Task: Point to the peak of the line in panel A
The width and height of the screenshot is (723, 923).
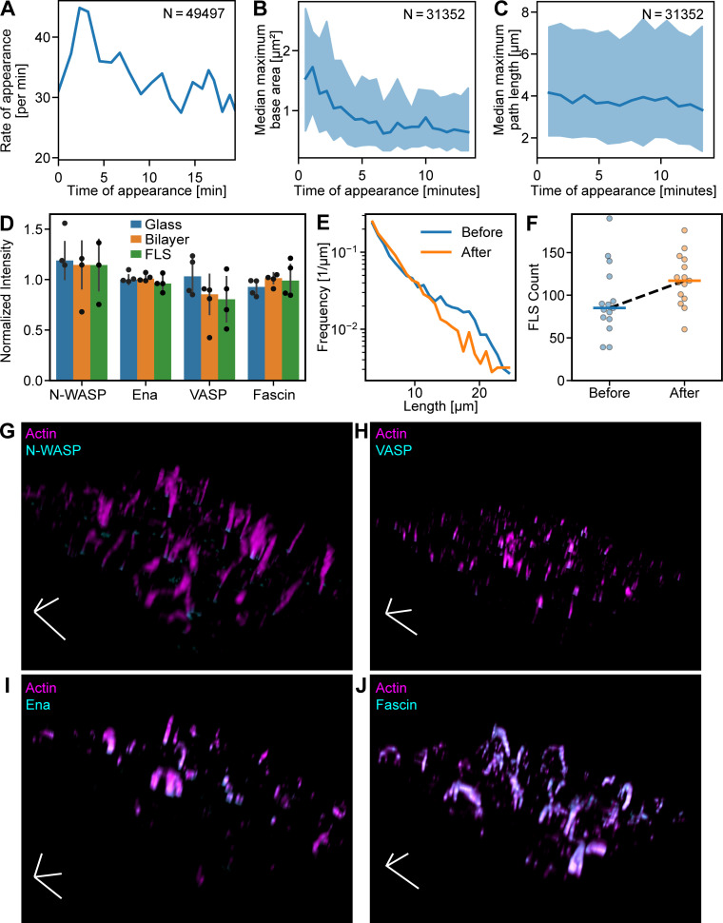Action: point(81,8)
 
